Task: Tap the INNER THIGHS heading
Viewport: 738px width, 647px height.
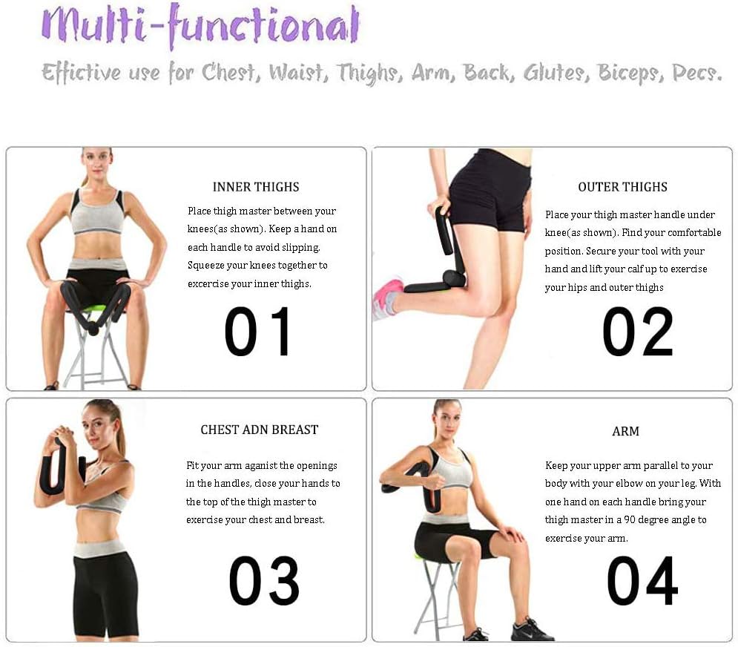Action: tap(256, 187)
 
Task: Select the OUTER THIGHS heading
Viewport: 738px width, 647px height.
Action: tap(622, 187)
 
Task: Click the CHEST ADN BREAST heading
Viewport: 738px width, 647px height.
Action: tap(260, 430)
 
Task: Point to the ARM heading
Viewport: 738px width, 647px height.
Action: tap(625, 431)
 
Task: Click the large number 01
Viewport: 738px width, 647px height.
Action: tap(257, 331)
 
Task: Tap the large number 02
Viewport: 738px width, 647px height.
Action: tap(638, 331)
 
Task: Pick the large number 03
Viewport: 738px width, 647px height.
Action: tap(263, 580)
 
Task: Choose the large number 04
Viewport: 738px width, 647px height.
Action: tap(642, 580)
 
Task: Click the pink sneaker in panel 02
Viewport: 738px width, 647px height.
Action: tap(387, 298)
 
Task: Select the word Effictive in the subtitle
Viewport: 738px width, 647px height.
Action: tap(82, 73)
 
